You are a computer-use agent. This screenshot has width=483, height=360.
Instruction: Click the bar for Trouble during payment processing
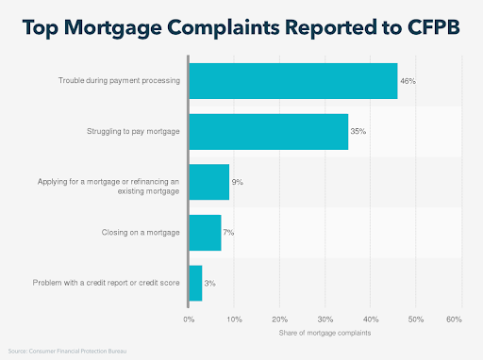point(292,81)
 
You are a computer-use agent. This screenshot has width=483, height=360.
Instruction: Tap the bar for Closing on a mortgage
point(205,232)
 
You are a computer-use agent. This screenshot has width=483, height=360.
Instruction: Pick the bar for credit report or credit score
point(195,283)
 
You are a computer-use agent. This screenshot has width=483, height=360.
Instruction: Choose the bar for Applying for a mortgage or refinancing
point(208,182)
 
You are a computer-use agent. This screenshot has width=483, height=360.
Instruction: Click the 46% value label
point(408,82)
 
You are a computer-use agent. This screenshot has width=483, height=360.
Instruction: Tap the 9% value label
point(237,182)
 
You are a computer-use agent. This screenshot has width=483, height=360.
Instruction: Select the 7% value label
point(228,232)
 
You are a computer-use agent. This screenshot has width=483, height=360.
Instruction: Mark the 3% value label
point(209,283)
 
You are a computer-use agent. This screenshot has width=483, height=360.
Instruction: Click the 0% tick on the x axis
point(189,320)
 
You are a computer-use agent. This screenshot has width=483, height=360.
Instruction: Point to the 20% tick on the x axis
point(279,320)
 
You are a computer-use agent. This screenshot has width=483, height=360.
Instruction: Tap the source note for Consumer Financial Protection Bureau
point(65,351)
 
